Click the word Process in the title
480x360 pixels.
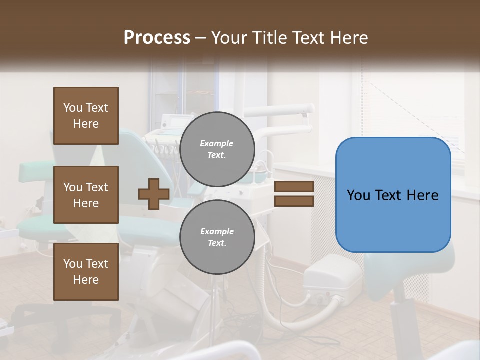coord(157,38)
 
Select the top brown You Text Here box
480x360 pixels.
coord(86,116)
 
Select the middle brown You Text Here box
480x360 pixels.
coord(86,195)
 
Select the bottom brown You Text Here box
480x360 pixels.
coord(86,272)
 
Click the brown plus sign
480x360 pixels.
coord(153,194)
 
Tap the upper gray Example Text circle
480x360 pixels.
coord(217,149)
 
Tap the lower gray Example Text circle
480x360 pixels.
coord(217,237)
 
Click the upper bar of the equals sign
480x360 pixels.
coord(294,187)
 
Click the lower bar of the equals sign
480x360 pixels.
coord(294,201)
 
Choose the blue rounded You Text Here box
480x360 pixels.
coord(393,195)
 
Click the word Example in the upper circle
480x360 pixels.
coord(217,143)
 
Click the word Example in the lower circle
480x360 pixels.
coord(217,231)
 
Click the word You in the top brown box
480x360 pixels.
coord(73,108)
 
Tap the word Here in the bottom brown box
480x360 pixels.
coord(86,280)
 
